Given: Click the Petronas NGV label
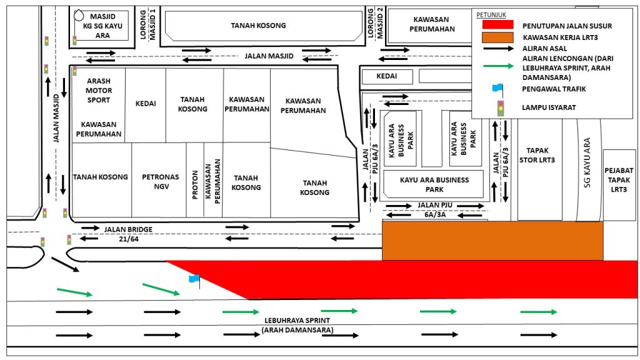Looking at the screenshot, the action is click(x=161, y=182).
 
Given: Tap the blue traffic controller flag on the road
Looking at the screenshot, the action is click(x=194, y=279).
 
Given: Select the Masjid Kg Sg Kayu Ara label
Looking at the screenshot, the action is click(x=102, y=26).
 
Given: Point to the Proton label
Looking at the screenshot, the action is click(x=195, y=185).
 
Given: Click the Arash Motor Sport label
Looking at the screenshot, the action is click(x=98, y=90).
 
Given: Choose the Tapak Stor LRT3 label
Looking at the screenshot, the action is click(x=537, y=155).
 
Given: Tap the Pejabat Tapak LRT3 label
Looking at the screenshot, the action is click(x=619, y=180).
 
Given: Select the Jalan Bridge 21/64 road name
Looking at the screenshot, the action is click(x=128, y=234).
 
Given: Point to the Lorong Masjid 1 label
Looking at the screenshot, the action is click(x=147, y=24).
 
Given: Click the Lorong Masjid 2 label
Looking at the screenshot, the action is click(x=375, y=23).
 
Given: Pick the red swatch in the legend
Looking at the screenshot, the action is click(x=497, y=25).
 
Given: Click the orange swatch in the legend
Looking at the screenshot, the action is click(x=497, y=37).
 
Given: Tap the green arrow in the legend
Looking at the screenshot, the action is click(x=498, y=66).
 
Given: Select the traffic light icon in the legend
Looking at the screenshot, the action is click(x=501, y=109).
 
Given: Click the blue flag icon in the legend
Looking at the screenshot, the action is click(x=497, y=89).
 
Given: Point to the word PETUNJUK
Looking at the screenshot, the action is click(x=491, y=15).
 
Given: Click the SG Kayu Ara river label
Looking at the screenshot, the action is click(x=587, y=162).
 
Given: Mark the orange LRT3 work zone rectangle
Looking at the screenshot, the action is click(x=492, y=241).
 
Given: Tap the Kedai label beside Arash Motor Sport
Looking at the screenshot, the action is click(x=146, y=104).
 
